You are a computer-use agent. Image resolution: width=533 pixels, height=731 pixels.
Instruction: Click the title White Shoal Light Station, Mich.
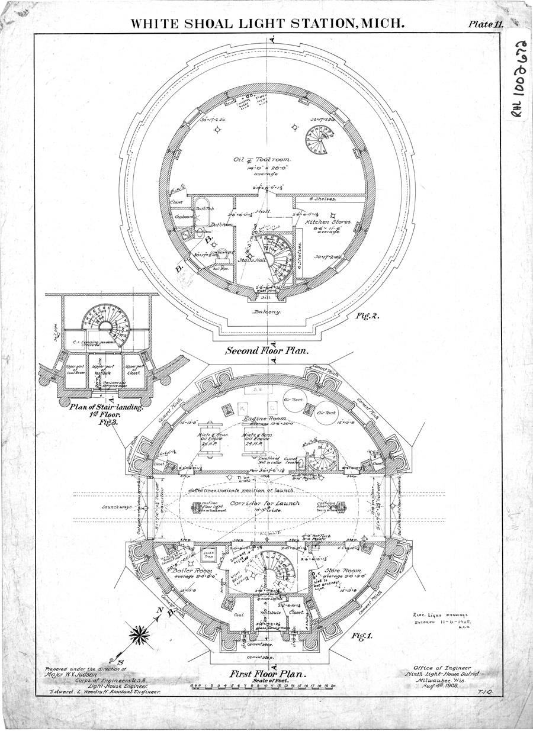click(267, 24)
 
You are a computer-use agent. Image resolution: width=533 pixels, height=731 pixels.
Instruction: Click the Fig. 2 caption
click(367, 316)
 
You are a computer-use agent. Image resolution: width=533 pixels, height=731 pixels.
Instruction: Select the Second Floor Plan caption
click(267, 350)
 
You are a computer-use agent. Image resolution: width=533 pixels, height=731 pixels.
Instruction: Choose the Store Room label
click(341, 571)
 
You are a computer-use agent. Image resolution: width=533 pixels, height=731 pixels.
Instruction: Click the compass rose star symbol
click(140, 636)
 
